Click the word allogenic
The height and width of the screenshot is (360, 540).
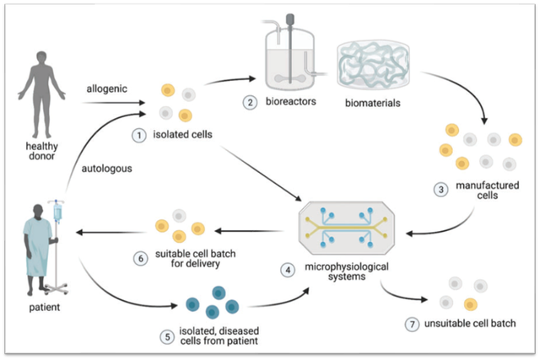104,88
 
